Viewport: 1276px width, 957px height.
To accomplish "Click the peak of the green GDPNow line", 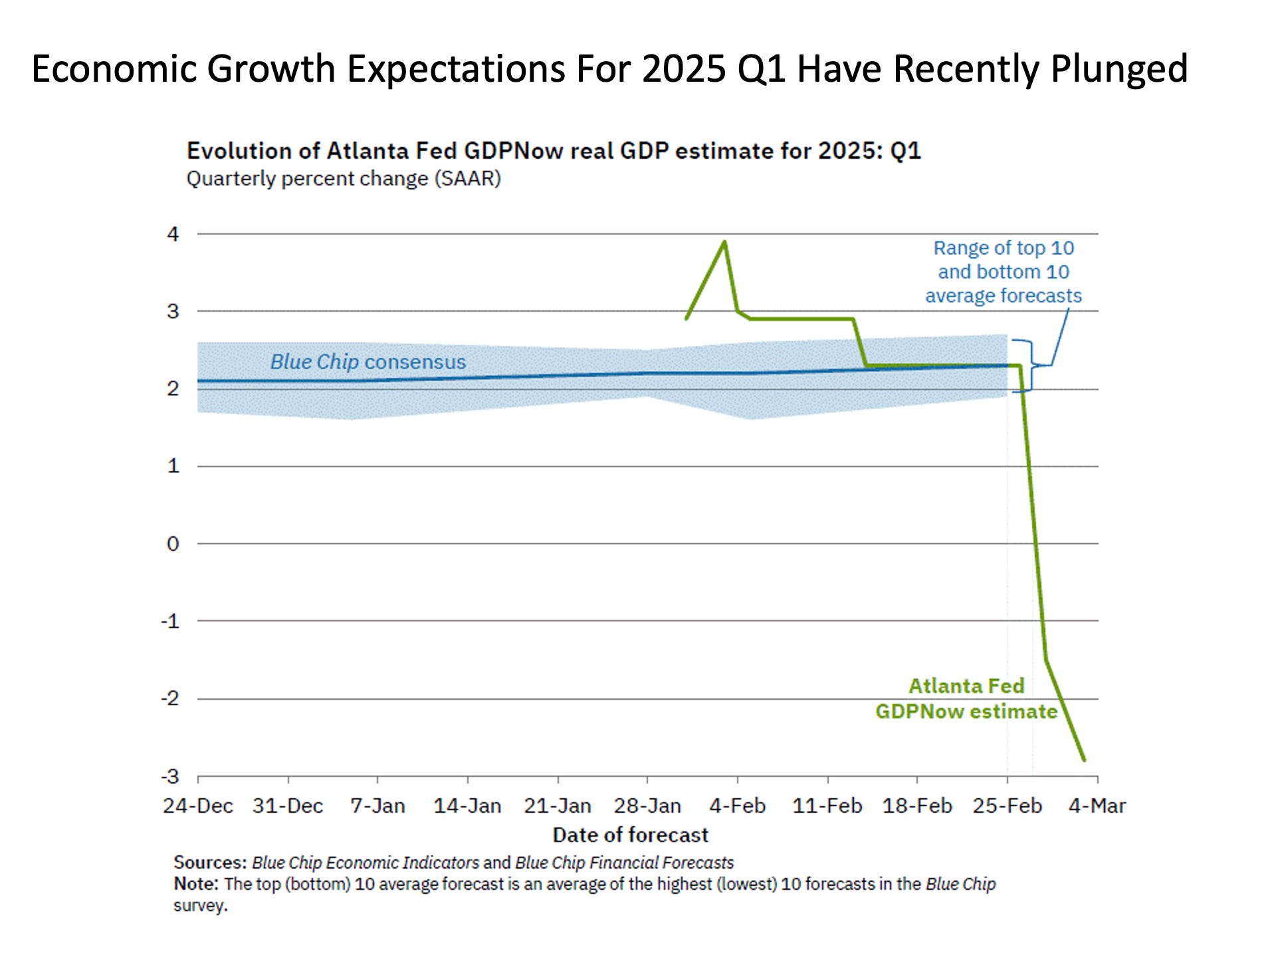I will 724,242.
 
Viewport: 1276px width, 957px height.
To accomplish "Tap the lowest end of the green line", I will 1084,760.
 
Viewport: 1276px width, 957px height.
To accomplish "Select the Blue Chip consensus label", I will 368,362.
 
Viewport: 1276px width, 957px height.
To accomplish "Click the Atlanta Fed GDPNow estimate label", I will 966,698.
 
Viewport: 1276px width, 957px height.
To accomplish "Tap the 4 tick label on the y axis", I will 173,234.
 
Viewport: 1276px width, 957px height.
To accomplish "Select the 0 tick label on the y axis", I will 173,544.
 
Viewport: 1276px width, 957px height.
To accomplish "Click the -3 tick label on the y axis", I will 170,776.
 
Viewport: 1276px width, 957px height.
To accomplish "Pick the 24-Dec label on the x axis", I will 198,806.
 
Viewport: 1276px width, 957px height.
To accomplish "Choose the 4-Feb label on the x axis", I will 738,806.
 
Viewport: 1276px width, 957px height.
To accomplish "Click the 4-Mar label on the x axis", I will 1097,806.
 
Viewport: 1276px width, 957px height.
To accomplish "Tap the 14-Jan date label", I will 467,806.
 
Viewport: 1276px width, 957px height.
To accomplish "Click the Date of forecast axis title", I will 630,835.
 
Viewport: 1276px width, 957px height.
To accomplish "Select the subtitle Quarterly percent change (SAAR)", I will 344,179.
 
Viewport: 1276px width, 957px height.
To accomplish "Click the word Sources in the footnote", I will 209,863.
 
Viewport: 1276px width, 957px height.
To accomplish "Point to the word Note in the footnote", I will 195,884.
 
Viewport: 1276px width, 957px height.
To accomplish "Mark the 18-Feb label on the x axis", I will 917,806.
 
